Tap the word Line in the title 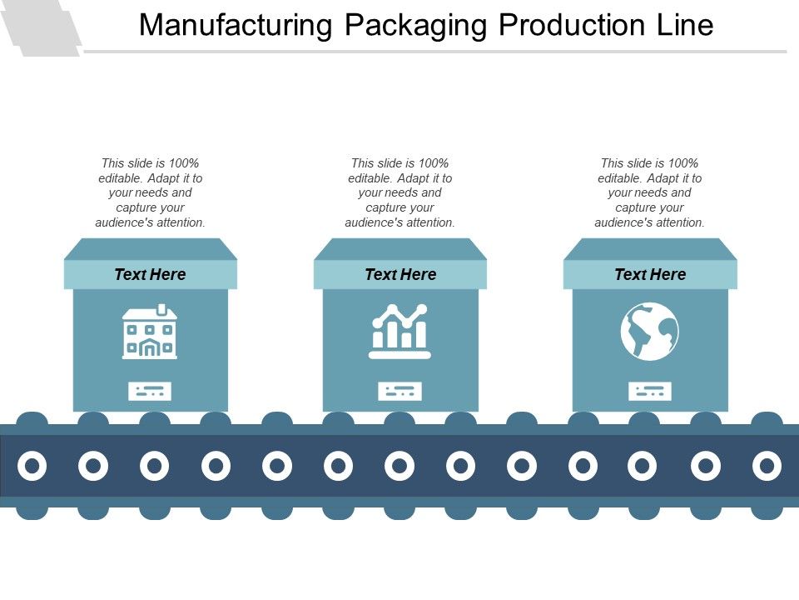(x=682, y=26)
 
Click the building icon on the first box (x=150, y=332)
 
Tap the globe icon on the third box (x=650, y=332)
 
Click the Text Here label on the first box (x=150, y=274)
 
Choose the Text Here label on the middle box (x=400, y=274)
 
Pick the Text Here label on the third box (x=650, y=274)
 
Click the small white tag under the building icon (x=150, y=390)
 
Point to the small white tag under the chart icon (x=400, y=390)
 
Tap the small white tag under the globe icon (x=650, y=390)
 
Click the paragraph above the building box (x=150, y=192)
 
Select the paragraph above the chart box (x=400, y=192)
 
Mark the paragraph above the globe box (x=650, y=192)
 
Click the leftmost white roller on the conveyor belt (x=32, y=466)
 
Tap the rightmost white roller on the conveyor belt (x=767, y=466)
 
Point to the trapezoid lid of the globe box (x=650, y=248)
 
